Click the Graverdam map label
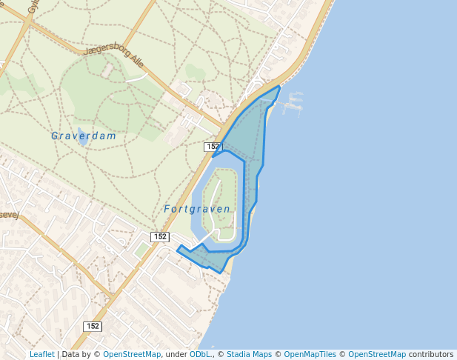click(x=84, y=136)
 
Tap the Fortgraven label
click(x=197, y=210)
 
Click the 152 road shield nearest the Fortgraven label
click(x=160, y=236)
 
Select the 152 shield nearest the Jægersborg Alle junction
click(x=213, y=147)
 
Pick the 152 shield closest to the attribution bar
click(x=93, y=326)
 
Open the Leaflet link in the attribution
click(x=41, y=354)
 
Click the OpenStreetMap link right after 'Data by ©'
click(x=131, y=354)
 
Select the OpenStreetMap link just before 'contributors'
click(x=377, y=354)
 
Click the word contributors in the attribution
click(x=430, y=354)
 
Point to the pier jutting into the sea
click(x=293, y=104)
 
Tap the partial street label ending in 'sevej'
click(x=9, y=214)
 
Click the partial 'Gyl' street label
click(x=33, y=7)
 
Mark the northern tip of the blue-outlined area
click(x=278, y=87)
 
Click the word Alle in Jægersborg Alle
click(x=136, y=63)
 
